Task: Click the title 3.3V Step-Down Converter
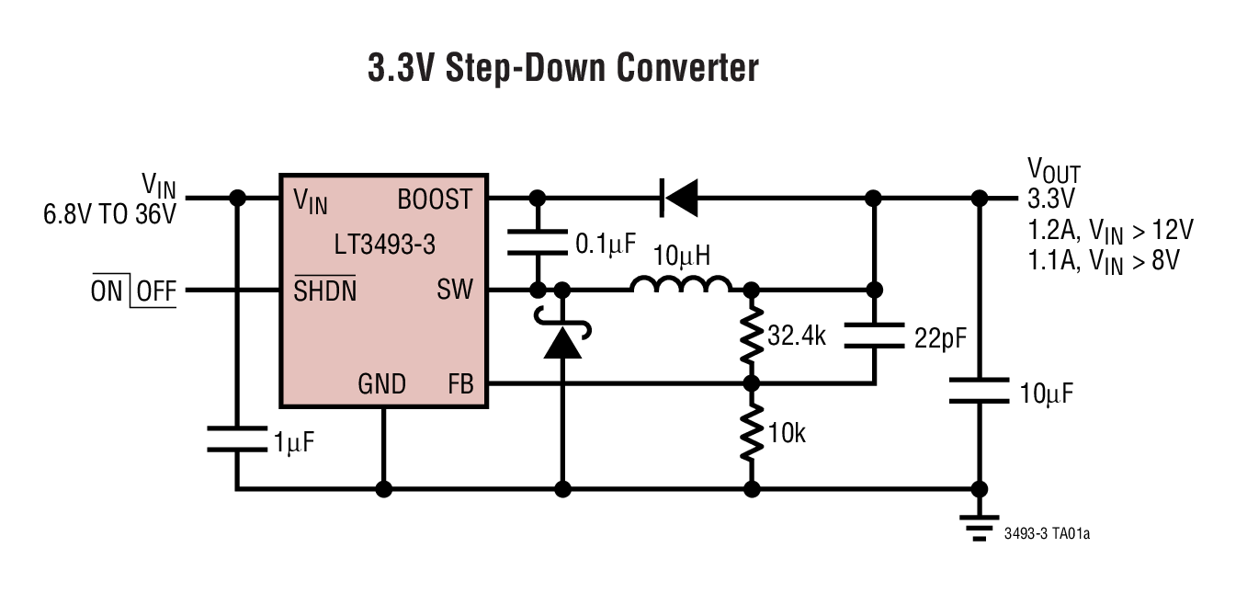[562, 69]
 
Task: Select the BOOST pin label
[435, 199]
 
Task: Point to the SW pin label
[455, 291]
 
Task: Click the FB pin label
[459, 383]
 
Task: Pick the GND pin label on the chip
[382, 383]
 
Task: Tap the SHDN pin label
[324, 291]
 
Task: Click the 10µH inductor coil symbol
[681, 285]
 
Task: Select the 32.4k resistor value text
[797, 336]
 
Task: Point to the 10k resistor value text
[787, 433]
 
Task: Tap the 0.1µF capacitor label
[606, 244]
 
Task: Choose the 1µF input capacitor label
[294, 443]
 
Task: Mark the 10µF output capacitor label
[1046, 393]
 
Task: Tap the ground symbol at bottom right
[980, 525]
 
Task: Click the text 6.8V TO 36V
[109, 216]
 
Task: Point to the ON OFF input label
[133, 291]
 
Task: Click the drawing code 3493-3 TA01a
[1048, 533]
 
